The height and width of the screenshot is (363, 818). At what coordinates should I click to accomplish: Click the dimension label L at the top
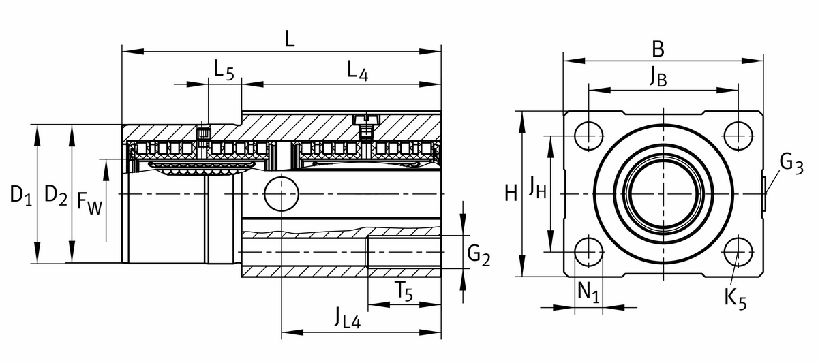pyautogui.click(x=290, y=38)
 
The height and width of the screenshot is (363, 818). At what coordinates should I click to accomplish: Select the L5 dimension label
pyautogui.click(x=223, y=70)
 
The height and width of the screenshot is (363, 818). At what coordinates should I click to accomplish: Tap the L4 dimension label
pyautogui.click(x=357, y=70)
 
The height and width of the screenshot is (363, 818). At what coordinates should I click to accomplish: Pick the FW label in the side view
pyautogui.click(x=89, y=203)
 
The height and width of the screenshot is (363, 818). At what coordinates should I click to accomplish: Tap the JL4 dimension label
pyautogui.click(x=347, y=318)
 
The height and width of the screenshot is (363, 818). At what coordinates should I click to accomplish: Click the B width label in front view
pyautogui.click(x=657, y=49)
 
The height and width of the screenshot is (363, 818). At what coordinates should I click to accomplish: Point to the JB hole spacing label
pyautogui.click(x=657, y=78)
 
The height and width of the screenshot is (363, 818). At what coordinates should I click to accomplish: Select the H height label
pyautogui.click(x=511, y=195)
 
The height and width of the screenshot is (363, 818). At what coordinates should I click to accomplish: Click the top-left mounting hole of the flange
pyautogui.click(x=588, y=135)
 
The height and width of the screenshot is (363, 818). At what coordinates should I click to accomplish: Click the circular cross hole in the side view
pyautogui.click(x=281, y=194)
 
